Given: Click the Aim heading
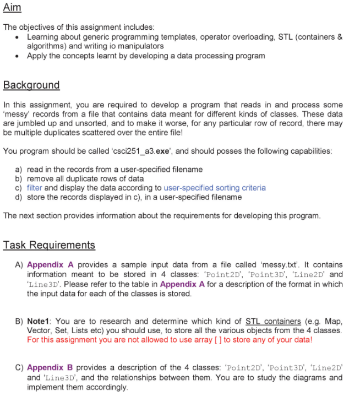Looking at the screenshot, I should [12, 9].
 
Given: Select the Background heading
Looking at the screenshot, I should [31, 85].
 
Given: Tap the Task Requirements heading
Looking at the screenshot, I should [49, 245].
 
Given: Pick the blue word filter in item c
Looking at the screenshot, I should [35, 188].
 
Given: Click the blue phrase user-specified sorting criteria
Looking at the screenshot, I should [215, 188].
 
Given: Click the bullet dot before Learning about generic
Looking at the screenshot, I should [19, 37].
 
